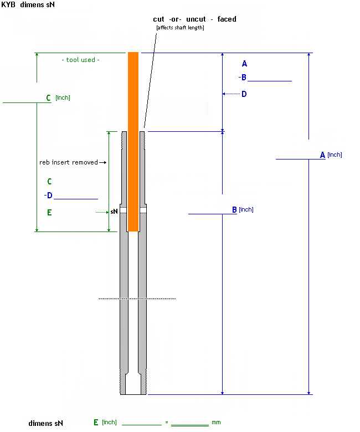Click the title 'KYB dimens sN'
pos(28,5)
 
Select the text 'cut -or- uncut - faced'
pos(194,19)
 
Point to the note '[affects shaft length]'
pos(180,28)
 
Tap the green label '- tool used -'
pos(80,60)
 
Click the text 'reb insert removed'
pos(68,162)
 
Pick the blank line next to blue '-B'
pos(269,81)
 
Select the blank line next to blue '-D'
pos(76,198)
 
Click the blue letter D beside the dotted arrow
pos(244,94)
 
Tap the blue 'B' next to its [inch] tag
pos(234,210)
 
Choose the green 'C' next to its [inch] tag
pos(49,98)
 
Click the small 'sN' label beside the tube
pos(114,212)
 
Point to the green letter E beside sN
pos(49,212)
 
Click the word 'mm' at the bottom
pos(216,423)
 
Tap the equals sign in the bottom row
pos(167,423)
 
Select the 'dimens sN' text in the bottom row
pos(46,423)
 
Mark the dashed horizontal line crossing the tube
pos(137,299)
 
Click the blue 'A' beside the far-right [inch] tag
pos(322,155)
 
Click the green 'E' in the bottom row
pos(96,422)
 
